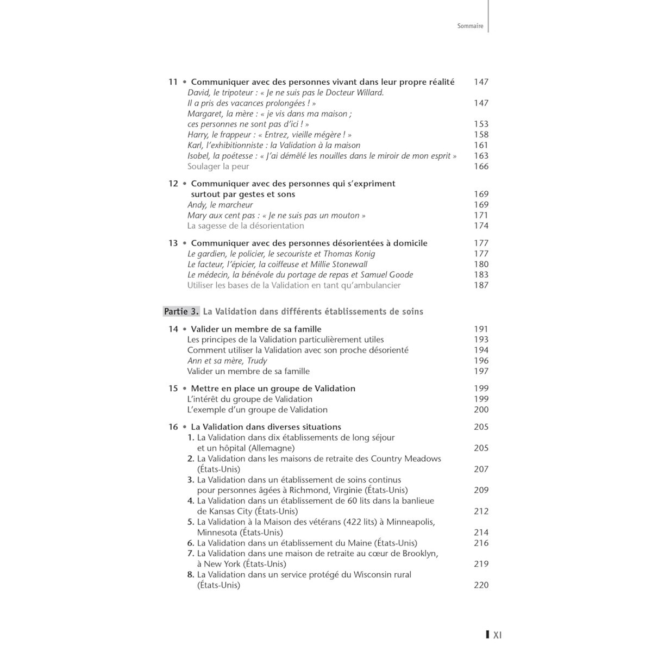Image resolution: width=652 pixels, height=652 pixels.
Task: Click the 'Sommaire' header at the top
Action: [470, 26]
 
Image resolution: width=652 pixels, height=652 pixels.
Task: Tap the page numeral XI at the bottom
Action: [497, 634]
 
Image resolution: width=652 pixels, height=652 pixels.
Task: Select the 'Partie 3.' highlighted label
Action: [181, 312]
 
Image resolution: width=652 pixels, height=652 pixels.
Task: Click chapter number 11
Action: [173, 82]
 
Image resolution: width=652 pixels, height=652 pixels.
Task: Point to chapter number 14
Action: [173, 329]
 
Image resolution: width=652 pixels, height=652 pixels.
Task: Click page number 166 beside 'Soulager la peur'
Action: [481, 166]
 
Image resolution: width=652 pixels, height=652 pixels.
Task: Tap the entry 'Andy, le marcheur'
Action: [220, 205]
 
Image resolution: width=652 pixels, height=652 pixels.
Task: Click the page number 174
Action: [481, 225]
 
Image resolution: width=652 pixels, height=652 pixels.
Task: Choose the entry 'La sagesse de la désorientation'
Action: [246, 225]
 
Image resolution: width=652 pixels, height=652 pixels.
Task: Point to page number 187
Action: [481, 285]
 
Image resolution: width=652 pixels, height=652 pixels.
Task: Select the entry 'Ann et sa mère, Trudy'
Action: [227, 361]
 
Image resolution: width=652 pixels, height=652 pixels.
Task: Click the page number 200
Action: [481, 410]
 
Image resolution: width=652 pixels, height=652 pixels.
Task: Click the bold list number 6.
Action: [191, 543]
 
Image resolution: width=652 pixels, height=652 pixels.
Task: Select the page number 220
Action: [481, 585]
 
